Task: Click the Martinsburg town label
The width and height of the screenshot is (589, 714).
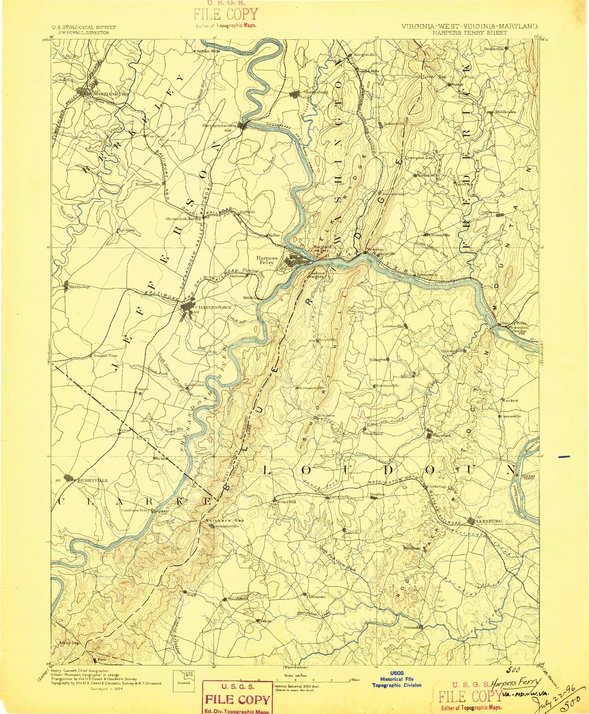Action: (111, 94)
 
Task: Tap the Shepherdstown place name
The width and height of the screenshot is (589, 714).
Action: (220, 126)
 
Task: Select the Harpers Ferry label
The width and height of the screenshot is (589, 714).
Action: (267, 260)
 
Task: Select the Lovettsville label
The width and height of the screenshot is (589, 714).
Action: (392, 326)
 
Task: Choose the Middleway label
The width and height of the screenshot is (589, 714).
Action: (79, 287)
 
